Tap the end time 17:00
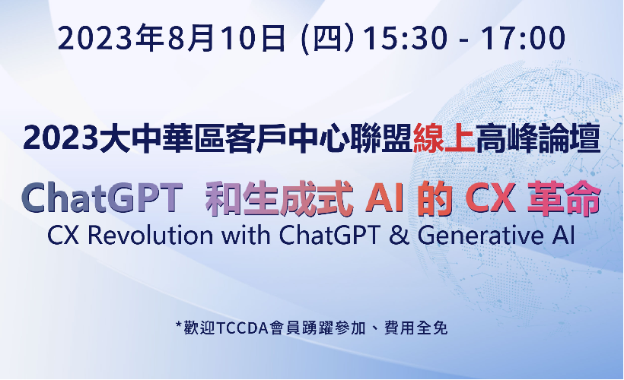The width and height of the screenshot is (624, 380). tap(523, 38)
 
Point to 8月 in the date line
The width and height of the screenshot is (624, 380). tap(190, 38)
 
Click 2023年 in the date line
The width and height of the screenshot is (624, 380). tap(110, 38)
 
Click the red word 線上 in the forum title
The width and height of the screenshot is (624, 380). tap(444, 139)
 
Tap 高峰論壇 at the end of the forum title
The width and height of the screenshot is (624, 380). tap(538, 139)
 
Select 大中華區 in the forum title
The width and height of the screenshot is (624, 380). tap(161, 139)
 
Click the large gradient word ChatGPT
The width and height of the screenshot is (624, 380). tap(102, 198)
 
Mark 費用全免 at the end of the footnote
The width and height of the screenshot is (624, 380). tap(415, 328)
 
